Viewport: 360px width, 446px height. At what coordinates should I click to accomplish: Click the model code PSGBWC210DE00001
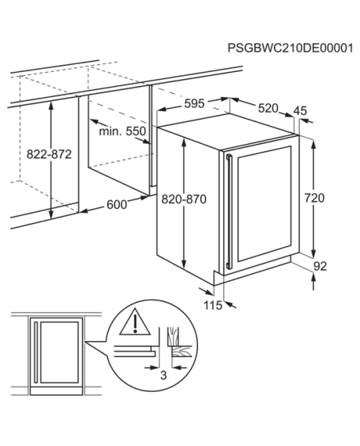(290, 48)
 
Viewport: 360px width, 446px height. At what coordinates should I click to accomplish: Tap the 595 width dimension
(194, 104)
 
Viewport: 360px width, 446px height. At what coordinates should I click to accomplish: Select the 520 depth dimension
(268, 108)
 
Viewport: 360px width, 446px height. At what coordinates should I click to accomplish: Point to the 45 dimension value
(300, 111)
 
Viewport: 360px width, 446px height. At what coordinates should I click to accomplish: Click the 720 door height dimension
(314, 198)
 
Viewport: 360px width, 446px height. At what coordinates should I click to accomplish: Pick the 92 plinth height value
(320, 266)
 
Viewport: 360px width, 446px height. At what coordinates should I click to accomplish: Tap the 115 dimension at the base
(213, 306)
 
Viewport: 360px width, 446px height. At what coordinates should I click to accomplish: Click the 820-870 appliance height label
(184, 199)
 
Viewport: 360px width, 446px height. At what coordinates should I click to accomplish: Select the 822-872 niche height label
(49, 155)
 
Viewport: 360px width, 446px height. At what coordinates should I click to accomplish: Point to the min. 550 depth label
(122, 132)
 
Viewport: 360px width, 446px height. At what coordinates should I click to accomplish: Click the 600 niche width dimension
(117, 204)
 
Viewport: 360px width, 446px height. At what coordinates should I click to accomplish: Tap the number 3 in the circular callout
(163, 376)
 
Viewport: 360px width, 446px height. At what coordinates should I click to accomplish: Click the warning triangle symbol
(135, 322)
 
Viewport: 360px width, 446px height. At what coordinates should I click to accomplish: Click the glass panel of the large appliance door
(264, 204)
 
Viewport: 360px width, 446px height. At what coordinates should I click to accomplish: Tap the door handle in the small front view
(35, 352)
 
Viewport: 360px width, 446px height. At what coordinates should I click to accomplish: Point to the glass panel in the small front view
(60, 352)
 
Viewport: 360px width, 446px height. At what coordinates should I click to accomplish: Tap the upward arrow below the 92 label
(313, 281)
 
